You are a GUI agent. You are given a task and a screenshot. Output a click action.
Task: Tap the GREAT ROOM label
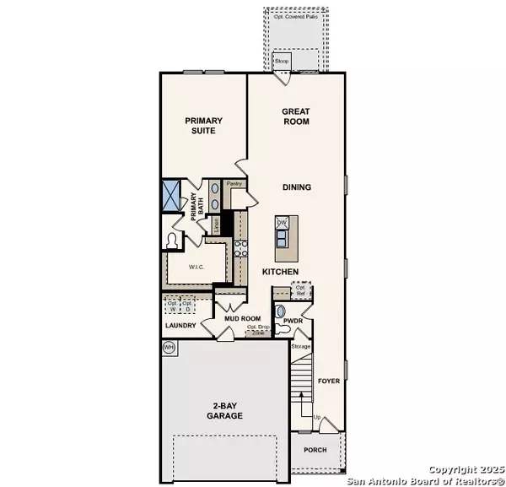point(295,116)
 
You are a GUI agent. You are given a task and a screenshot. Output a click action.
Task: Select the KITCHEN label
point(280,271)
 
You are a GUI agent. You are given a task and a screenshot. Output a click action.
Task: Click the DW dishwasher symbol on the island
point(283,223)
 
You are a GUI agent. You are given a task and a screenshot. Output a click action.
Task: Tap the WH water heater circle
point(168,347)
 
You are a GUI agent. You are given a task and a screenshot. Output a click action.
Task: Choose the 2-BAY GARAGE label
point(225,411)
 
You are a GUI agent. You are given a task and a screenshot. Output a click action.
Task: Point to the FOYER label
point(328,381)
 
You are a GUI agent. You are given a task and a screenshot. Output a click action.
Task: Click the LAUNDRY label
point(181,325)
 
